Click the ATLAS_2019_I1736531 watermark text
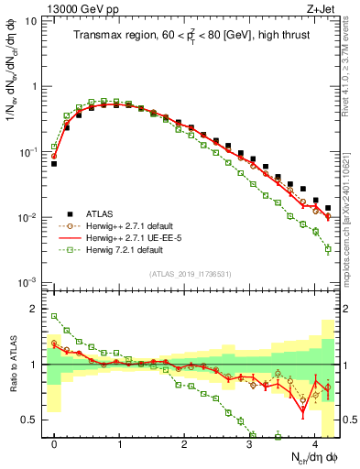pyautogui.click(x=191, y=274)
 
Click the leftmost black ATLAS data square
pyautogui.click(x=54, y=164)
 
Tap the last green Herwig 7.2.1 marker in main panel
pyautogui.click(x=328, y=249)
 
